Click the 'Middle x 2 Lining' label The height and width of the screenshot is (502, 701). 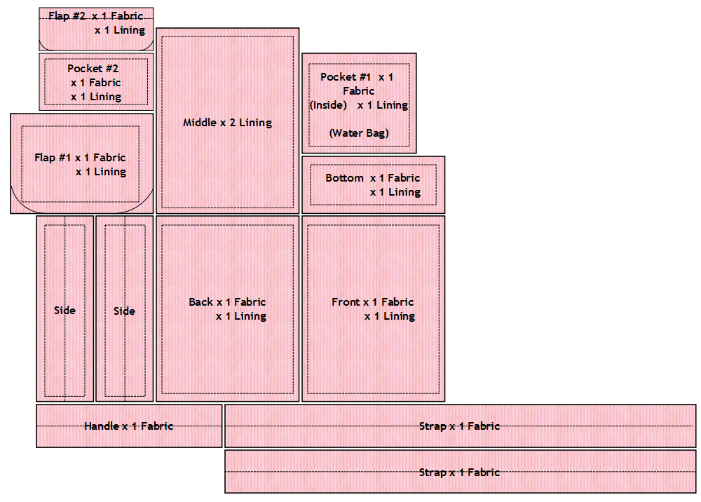coord(227,123)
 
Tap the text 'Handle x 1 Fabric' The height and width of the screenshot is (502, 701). coord(128,426)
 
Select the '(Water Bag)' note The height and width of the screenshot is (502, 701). coord(359,133)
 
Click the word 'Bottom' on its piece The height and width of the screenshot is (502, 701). coord(344,178)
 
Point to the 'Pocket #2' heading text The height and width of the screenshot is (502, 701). coord(93,69)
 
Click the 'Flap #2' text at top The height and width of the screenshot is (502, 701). coord(67,15)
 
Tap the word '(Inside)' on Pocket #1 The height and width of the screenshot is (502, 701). coord(329,105)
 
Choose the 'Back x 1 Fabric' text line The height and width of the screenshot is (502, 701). coord(227,302)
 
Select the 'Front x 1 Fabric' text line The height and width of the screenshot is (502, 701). coord(373,302)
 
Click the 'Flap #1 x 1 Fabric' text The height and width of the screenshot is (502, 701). coord(80,158)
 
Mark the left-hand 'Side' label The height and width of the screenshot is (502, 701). coord(64,311)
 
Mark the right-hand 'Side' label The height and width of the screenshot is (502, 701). coord(124,311)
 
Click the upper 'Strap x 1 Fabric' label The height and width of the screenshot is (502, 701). coord(459,426)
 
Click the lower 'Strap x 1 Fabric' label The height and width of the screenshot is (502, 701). coord(459,472)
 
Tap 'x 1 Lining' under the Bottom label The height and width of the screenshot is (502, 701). coord(395,192)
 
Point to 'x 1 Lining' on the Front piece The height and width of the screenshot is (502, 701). coord(390,316)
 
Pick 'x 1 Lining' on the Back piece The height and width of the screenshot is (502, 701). coord(241,316)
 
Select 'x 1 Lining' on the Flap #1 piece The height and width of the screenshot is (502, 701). coord(101,172)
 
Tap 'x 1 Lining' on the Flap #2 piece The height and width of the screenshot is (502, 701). coord(120,30)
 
